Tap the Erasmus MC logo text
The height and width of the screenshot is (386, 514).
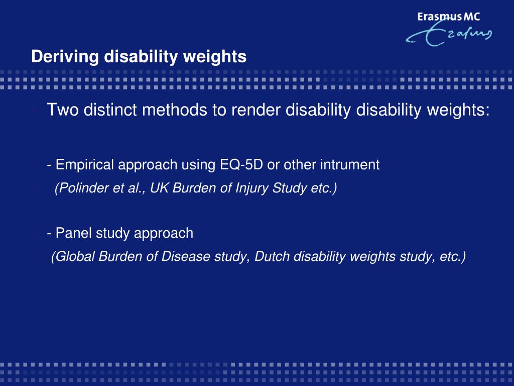point(448,17)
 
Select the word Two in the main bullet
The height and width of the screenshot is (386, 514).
point(63,110)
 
